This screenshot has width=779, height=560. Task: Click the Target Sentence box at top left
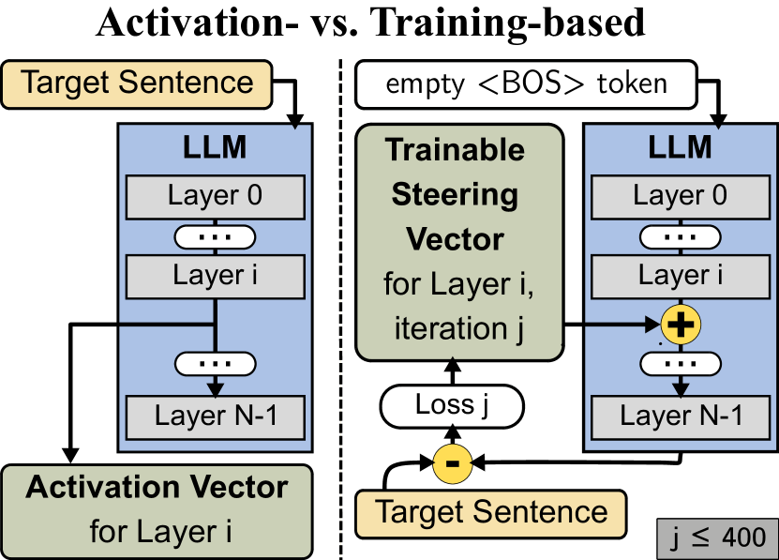137,83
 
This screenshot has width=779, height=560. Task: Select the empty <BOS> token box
526,83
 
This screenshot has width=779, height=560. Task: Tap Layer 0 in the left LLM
215,196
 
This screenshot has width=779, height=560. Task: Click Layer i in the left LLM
215,276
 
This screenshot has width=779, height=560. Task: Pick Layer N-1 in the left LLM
215,416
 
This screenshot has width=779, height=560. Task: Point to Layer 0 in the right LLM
680,196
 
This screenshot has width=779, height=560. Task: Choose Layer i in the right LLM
680,276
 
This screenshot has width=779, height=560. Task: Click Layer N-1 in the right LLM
680,416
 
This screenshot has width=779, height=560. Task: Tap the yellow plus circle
681,325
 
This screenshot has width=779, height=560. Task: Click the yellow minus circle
452,463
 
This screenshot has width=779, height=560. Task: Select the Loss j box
451,407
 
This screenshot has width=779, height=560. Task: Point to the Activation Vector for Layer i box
157,510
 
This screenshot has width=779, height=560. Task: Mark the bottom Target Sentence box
491,512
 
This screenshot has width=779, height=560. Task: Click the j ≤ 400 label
717,538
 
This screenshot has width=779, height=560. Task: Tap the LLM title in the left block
215,148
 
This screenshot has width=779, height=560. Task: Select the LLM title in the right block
680,148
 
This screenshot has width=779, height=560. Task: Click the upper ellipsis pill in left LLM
215,236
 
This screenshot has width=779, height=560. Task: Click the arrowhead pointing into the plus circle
653,325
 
